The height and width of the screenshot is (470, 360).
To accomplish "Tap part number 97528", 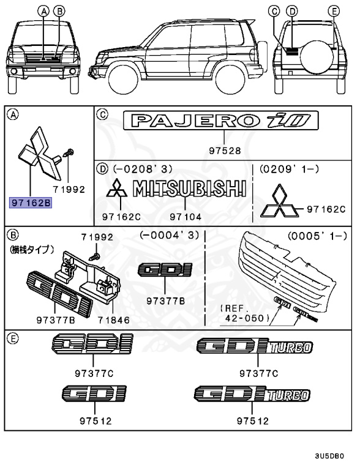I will tap(223, 151).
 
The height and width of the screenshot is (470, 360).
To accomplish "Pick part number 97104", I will tap(182, 216).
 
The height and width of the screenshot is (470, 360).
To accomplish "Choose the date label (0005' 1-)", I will tap(318, 235).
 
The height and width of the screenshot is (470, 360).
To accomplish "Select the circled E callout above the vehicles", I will tap(333, 10).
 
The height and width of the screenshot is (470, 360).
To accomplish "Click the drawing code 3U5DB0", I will tap(330, 456).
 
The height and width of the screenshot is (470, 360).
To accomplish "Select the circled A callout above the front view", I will tap(43, 10).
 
